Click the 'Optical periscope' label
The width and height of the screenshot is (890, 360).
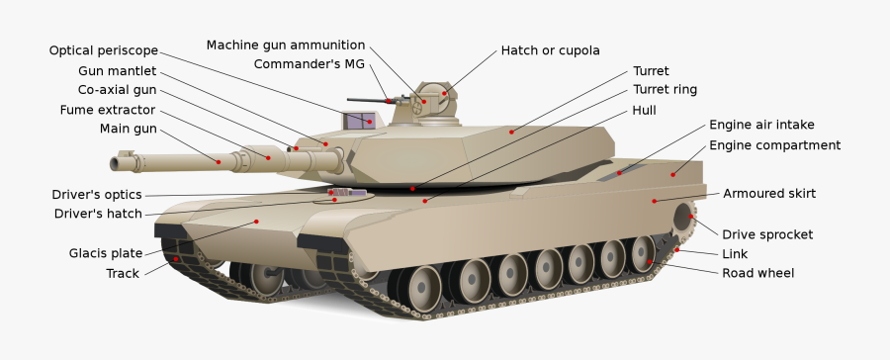click(x=103, y=50)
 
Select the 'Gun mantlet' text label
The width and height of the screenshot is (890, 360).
click(x=117, y=70)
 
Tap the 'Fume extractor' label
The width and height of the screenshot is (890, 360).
click(x=108, y=109)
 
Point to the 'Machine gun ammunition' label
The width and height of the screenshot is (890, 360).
click(x=286, y=45)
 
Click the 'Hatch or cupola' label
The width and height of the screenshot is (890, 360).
click(x=550, y=50)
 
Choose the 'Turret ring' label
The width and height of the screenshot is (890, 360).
click(x=665, y=89)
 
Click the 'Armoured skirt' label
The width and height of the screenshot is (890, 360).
click(x=768, y=193)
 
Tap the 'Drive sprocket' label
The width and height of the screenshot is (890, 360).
click(x=766, y=234)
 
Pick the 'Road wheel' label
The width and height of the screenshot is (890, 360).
click(x=757, y=273)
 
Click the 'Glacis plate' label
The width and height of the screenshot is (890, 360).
click(x=105, y=252)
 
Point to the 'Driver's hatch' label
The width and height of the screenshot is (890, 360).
click(x=98, y=214)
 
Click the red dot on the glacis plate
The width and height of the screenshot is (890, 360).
click(x=256, y=222)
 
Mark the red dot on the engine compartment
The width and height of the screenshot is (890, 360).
click(x=673, y=175)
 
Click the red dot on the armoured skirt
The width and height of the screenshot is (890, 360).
click(x=654, y=201)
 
